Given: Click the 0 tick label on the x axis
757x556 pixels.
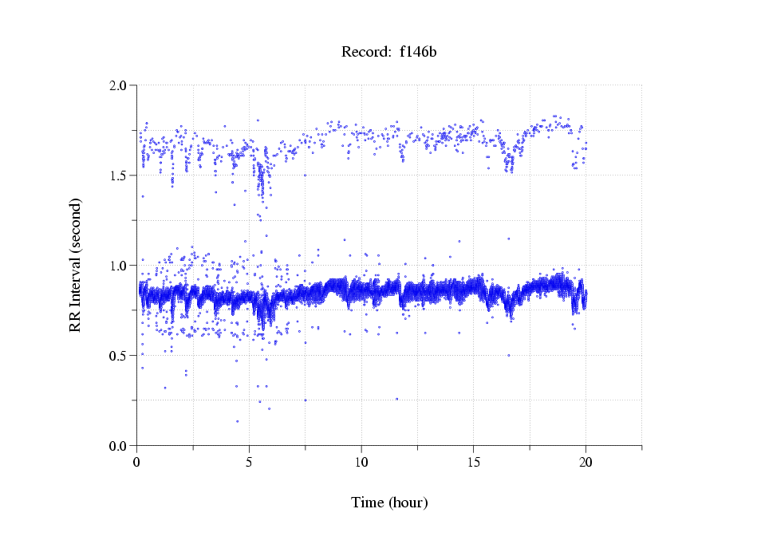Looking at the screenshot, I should point(137,461).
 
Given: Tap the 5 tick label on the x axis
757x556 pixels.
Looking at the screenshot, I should point(250,461).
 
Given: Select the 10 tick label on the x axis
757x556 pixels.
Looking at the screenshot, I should point(361,461).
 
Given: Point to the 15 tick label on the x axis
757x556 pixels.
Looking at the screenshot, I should point(474,461).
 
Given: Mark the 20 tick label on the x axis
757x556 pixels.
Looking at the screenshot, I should point(586,461).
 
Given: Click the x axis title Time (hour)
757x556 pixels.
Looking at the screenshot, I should point(389,503).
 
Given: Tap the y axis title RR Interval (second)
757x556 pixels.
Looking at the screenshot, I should point(75,265).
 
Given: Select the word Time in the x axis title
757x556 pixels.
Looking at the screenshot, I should point(367,503).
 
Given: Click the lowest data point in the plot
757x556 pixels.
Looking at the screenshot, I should point(237,421).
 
